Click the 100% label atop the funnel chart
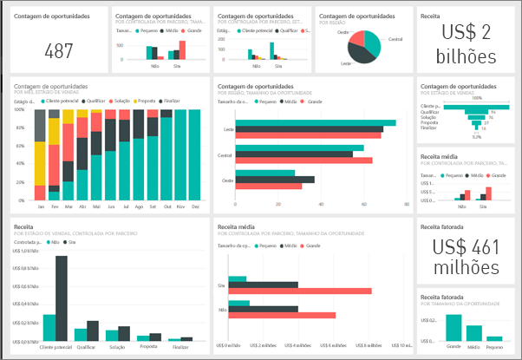pos(476,98)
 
